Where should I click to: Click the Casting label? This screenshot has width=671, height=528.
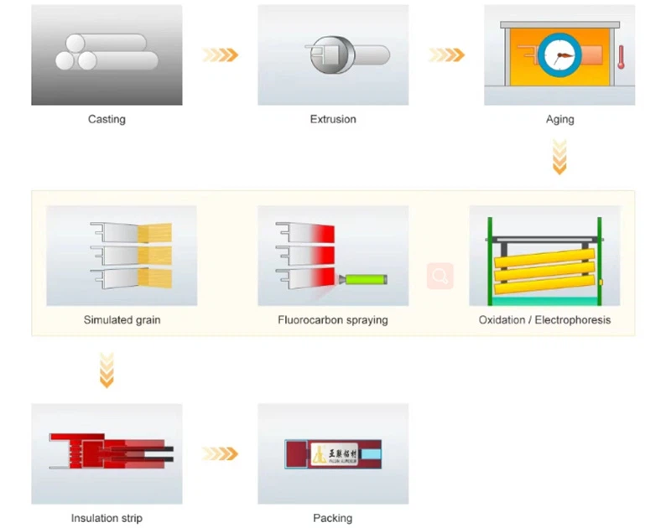click(107, 119)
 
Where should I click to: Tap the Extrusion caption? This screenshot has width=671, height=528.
click(333, 119)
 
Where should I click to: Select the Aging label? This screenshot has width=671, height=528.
click(559, 119)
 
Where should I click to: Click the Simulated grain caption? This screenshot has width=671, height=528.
click(122, 320)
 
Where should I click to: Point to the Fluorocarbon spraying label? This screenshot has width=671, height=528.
click(333, 320)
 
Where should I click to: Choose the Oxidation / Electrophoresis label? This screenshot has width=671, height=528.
click(544, 320)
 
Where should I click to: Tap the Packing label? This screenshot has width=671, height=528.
click(333, 518)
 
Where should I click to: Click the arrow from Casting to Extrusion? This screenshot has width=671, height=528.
click(220, 54)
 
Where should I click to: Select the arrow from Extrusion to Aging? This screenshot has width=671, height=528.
click(446, 54)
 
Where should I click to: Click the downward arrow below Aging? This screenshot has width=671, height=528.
click(559, 157)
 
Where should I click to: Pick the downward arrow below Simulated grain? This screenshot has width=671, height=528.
click(107, 370)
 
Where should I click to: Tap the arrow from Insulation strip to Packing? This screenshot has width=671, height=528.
click(220, 453)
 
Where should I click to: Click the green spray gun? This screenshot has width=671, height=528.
click(364, 277)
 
